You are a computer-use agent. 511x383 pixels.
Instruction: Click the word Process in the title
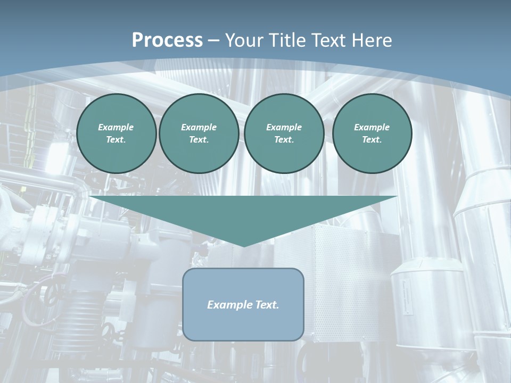coord(167,40)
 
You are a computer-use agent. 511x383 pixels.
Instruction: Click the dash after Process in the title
coord(214,41)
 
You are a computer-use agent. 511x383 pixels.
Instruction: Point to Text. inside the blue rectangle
coord(267,305)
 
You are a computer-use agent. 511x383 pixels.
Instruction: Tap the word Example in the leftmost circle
coord(116,127)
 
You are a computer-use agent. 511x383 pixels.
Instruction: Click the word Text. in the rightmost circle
coord(372,139)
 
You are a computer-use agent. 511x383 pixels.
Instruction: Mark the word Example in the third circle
coord(284,127)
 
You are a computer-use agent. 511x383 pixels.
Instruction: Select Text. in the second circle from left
coord(199,139)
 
